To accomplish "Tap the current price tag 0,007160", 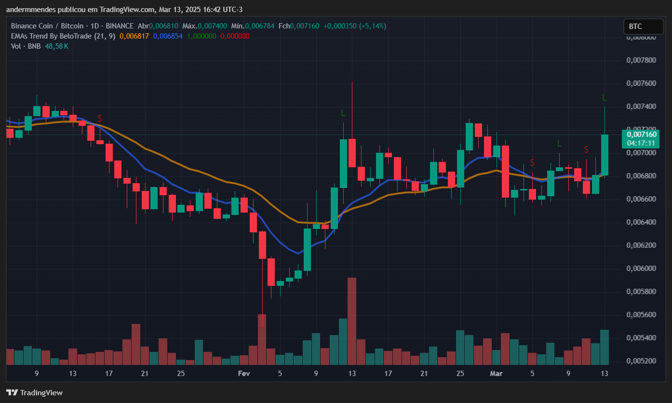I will [x=641, y=134].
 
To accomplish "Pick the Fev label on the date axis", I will [x=244, y=374].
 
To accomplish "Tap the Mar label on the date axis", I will [x=496, y=374].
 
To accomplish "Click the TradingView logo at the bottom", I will [x=34, y=393].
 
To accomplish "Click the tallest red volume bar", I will [x=352, y=321].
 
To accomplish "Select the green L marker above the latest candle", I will [x=605, y=98].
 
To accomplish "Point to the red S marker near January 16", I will [x=100, y=119].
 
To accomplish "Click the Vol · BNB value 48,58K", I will [x=56, y=46].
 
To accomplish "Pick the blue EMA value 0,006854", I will [x=168, y=36].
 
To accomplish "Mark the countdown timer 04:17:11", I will [x=641, y=143].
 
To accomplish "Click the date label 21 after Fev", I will [x=424, y=374].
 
